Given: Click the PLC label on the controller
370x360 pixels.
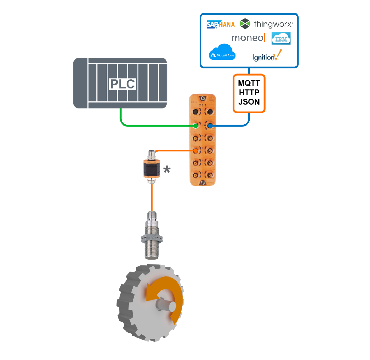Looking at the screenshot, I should (x=122, y=84).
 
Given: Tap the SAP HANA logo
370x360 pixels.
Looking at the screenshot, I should (x=220, y=25).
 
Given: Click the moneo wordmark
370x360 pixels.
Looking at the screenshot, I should (x=248, y=38).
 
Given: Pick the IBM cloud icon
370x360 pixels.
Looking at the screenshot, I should (x=281, y=39).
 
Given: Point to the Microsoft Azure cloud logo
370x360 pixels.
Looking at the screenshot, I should (x=222, y=53).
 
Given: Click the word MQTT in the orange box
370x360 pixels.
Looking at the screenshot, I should (x=249, y=83).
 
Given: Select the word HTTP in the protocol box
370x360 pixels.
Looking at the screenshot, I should (x=249, y=93).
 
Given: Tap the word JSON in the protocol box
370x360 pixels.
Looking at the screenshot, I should (x=249, y=102).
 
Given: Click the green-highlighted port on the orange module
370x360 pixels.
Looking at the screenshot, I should (x=196, y=126).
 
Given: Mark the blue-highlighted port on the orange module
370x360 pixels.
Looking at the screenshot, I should (x=210, y=126).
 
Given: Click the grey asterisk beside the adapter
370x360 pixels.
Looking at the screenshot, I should (x=167, y=170).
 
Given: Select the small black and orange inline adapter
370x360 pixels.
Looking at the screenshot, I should (x=152, y=168).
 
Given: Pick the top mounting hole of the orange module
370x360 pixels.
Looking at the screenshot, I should (x=203, y=99).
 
